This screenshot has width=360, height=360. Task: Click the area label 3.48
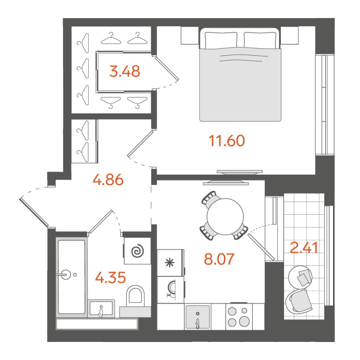click(125, 71)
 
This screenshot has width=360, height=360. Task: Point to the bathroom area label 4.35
click(110, 277)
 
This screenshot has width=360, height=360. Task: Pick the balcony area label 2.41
click(305, 247)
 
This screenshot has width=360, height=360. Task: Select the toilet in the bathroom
click(135, 295)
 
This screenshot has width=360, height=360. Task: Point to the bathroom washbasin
click(102, 309)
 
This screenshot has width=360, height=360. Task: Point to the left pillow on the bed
click(221, 39)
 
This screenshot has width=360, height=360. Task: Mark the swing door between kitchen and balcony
click(261, 243)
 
